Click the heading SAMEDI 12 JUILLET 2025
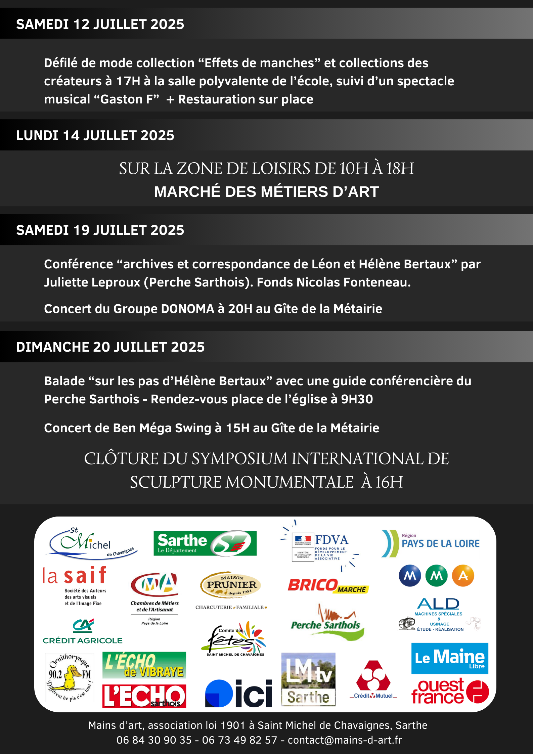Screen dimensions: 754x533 [x=100, y=24]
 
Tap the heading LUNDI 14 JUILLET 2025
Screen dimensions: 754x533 [x=95, y=135]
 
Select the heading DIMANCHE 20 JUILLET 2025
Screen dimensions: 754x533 [x=110, y=347]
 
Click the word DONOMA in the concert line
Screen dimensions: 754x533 [x=187, y=309]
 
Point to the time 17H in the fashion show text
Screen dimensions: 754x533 [x=128, y=81]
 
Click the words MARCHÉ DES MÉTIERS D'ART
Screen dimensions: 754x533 [x=266, y=192]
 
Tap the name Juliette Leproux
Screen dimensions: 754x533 [x=92, y=282]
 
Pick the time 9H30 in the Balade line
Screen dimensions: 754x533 [x=357, y=399]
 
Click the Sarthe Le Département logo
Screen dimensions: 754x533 [x=205, y=543]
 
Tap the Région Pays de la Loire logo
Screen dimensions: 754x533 [x=431, y=543]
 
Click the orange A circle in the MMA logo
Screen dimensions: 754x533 [x=463, y=576]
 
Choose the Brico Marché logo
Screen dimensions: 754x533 [x=328, y=586]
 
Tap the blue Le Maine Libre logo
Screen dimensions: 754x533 [x=450, y=658]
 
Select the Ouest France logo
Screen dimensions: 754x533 [x=450, y=691]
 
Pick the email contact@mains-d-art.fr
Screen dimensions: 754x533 [x=345, y=740]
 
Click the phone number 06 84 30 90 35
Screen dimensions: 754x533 [x=154, y=740]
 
